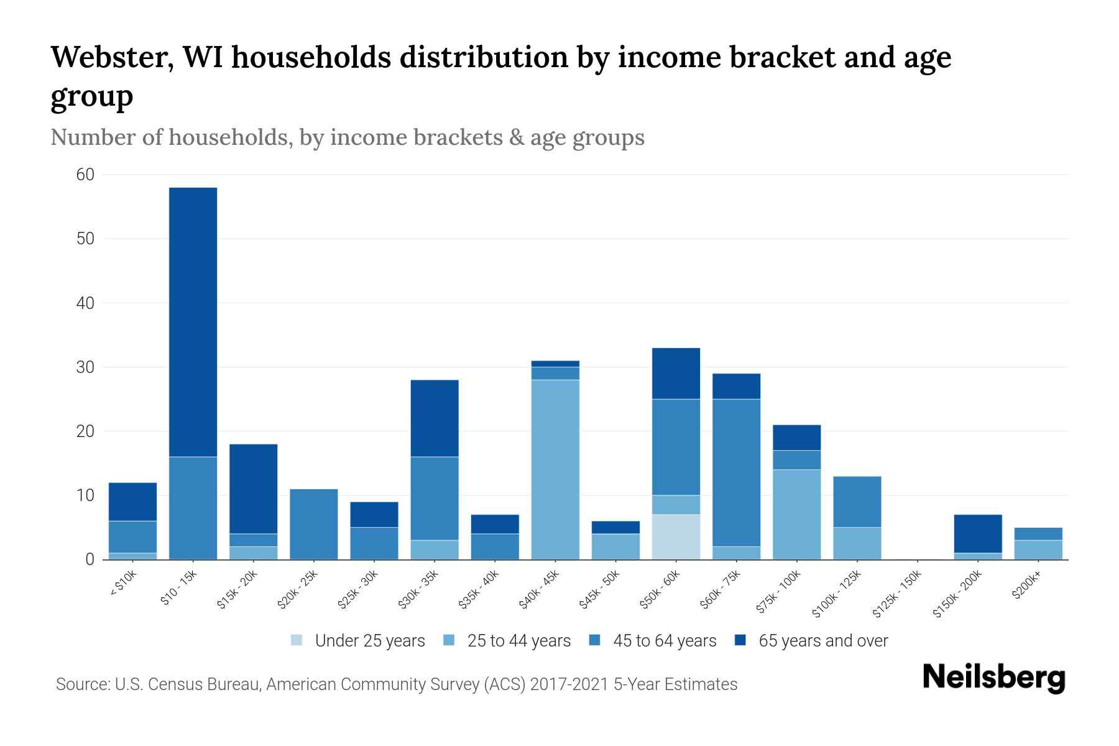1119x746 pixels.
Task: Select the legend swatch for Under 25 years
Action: tap(297, 640)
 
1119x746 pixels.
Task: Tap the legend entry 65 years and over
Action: tap(823, 641)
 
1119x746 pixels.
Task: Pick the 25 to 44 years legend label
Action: tap(518, 641)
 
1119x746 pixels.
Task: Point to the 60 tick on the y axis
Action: tap(85, 175)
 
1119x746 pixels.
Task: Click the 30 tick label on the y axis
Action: tap(85, 367)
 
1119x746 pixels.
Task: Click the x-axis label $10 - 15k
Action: tap(180, 587)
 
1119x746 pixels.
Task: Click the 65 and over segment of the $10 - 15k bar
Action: tap(193, 322)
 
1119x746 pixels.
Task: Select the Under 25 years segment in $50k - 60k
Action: tap(676, 536)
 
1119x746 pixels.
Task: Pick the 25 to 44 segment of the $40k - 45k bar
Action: tap(555, 469)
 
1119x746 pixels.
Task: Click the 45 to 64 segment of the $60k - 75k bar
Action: tap(736, 472)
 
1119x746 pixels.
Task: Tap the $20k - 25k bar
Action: tap(314, 524)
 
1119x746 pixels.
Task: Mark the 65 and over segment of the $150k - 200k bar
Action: tap(977, 533)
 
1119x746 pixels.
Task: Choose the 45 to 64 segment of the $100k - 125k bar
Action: tap(857, 502)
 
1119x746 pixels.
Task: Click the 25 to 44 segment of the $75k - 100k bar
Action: tap(796, 514)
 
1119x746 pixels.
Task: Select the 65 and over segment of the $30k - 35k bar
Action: tap(435, 418)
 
